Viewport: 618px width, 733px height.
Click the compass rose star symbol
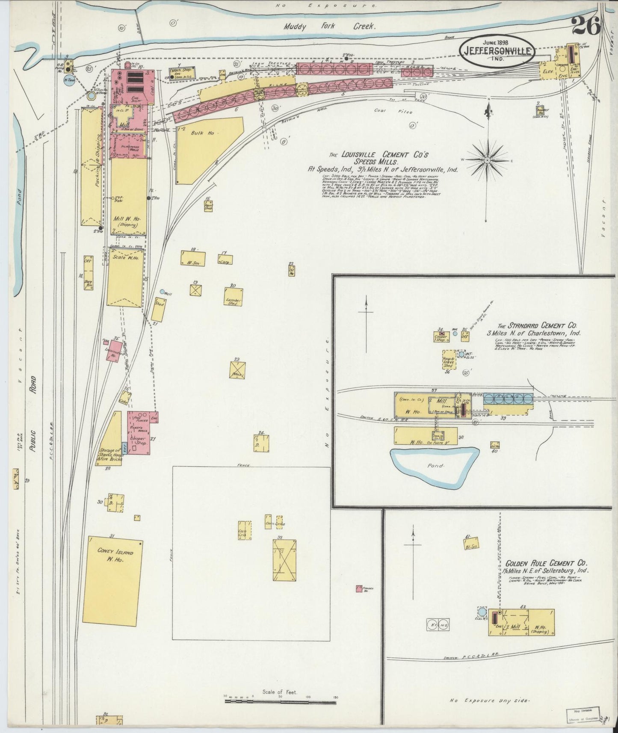point(487,160)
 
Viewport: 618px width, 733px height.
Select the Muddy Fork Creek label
point(329,27)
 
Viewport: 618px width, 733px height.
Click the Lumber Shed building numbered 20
point(234,296)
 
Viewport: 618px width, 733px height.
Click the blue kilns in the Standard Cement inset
point(509,399)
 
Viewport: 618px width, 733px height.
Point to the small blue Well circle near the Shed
point(162,292)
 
